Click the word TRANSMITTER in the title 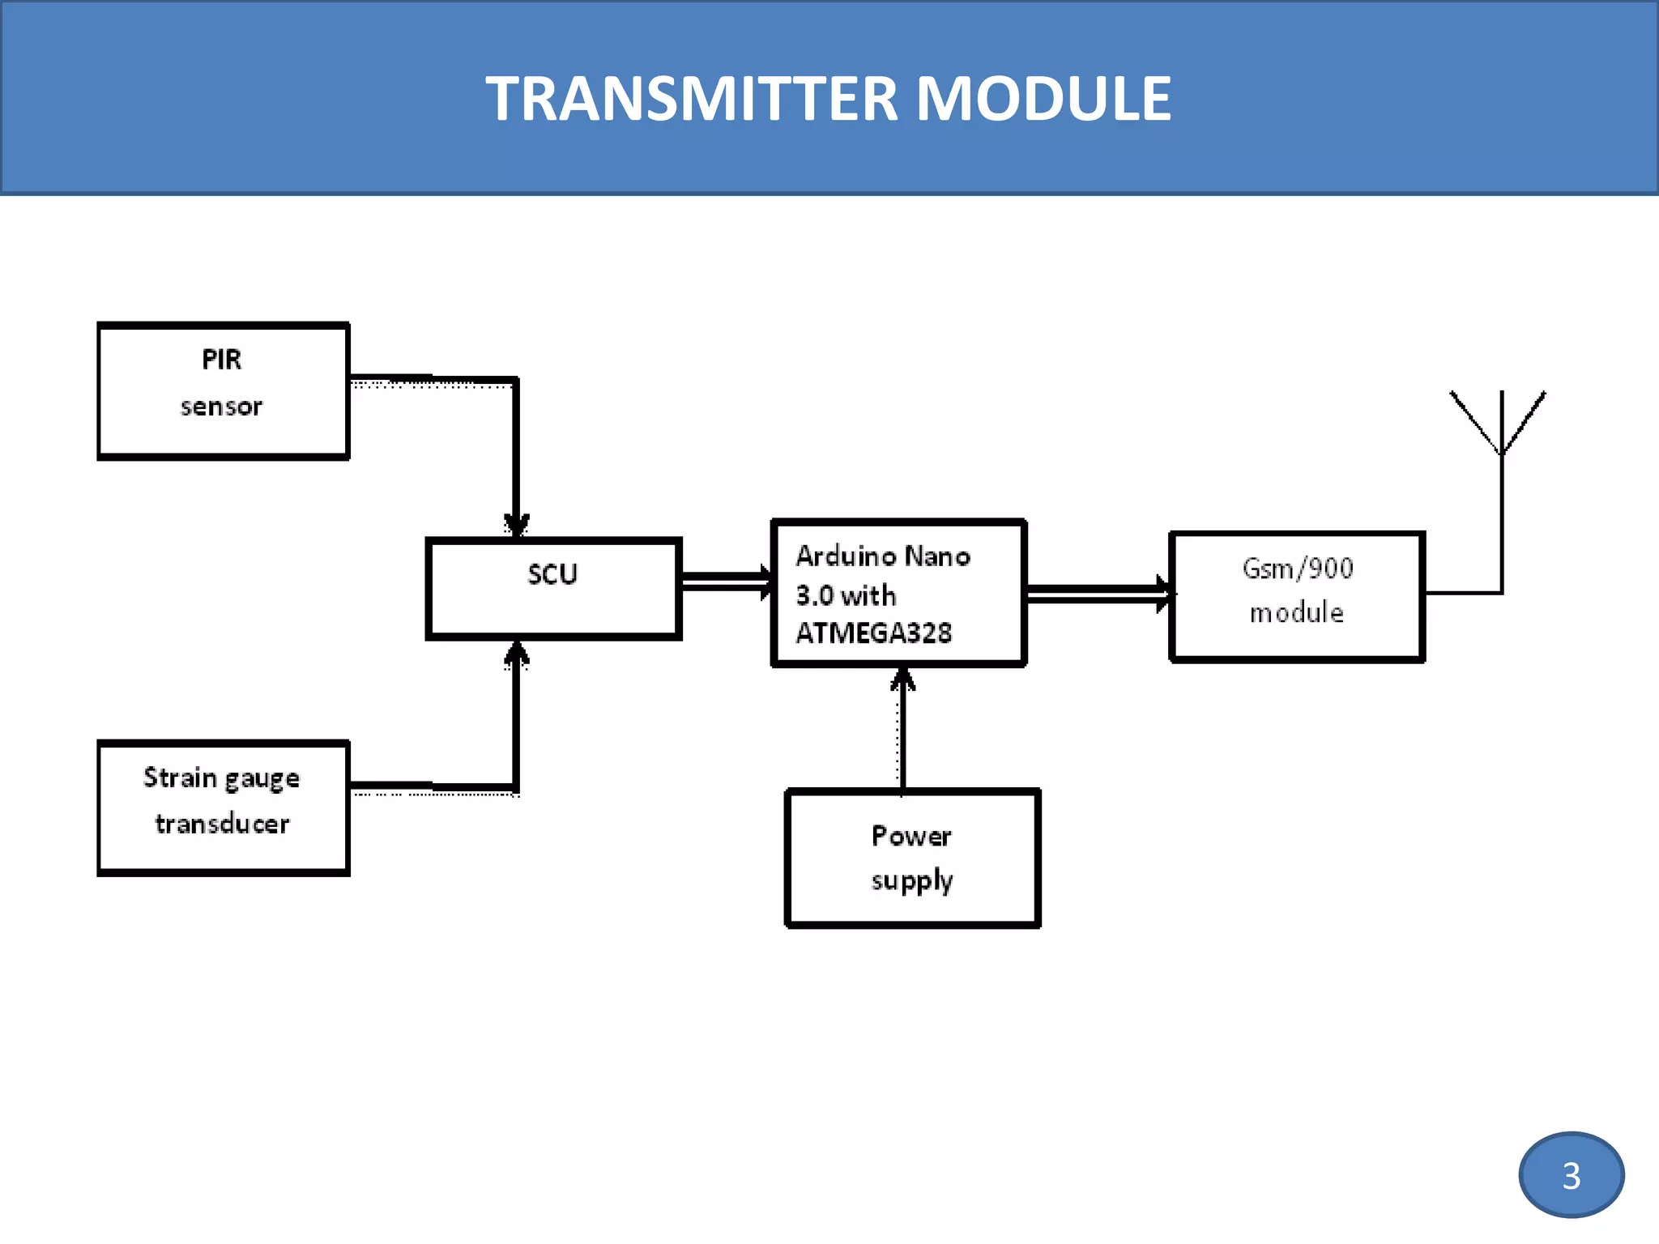(x=691, y=99)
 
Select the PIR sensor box (x=223, y=391)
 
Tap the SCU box (x=553, y=589)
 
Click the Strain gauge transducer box (x=223, y=807)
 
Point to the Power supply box (x=912, y=858)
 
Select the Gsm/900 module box (x=1296, y=596)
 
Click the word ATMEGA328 (x=873, y=633)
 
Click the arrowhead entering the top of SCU (x=516, y=525)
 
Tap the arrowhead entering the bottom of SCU (x=516, y=654)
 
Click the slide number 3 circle (x=1571, y=1174)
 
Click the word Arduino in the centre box (x=846, y=556)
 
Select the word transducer (x=222, y=824)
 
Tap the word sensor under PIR (x=221, y=407)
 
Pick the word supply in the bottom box (x=912, y=880)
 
